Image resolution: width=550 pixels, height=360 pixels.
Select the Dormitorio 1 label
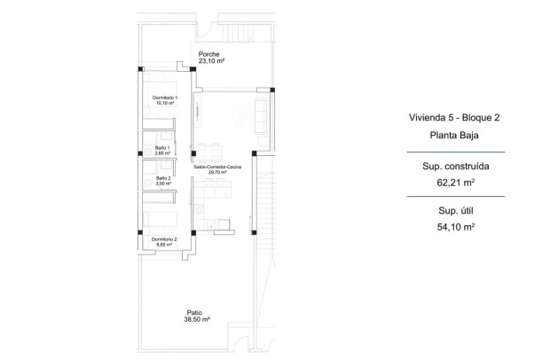163,97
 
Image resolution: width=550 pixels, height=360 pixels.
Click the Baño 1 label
162,147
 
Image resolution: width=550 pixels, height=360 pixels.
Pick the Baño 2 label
162,178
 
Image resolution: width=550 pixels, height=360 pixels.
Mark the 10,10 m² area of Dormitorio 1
163,103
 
